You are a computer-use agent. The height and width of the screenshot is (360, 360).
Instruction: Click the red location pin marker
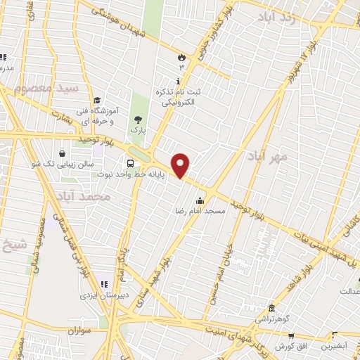coord(181,165)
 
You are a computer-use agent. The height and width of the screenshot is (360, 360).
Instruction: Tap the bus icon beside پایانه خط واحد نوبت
coord(131,160)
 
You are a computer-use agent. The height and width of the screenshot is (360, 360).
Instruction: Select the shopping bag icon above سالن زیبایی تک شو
coord(64,152)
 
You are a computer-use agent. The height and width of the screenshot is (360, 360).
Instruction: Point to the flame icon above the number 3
coord(182,56)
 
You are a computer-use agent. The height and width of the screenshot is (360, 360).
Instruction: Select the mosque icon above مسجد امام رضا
coord(200,200)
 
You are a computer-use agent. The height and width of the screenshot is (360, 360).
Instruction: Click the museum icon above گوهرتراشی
coord(271,308)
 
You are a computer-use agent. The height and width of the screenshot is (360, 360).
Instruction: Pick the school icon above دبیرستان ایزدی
coord(104,284)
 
